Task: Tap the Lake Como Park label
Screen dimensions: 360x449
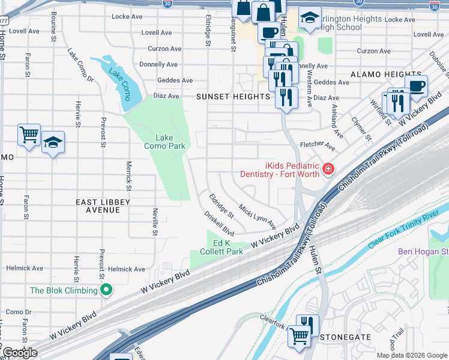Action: point(164,142)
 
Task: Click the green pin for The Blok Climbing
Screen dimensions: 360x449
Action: point(107,291)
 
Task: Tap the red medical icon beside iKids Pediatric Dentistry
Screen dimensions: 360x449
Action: point(328,169)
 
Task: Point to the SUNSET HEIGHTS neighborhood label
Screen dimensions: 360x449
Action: point(234,96)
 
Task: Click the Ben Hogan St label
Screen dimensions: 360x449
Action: point(423,251)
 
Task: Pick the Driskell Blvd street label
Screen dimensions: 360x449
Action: point(219,222)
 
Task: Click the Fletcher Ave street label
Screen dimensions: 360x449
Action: point(318,145)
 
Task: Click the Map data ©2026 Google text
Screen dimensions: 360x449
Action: point(411,355)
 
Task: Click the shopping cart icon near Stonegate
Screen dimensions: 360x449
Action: point(298,335)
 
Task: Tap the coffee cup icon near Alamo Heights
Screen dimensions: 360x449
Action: point(416,86)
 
